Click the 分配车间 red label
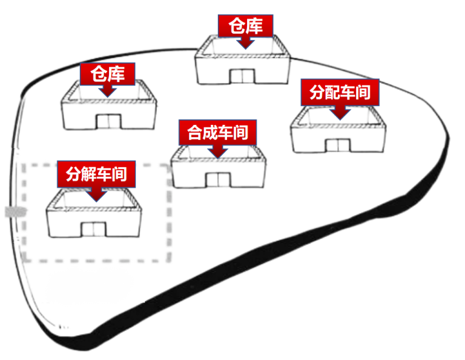(x=340, y=93)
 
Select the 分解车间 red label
(x=96, y=175)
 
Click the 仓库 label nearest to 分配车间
(x=245, y=27)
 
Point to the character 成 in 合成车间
(x=209, y=133)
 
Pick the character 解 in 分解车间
(x=88, y=175)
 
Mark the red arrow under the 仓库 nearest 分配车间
(x=245, y=42)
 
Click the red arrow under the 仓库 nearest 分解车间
(x=108, y=90)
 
